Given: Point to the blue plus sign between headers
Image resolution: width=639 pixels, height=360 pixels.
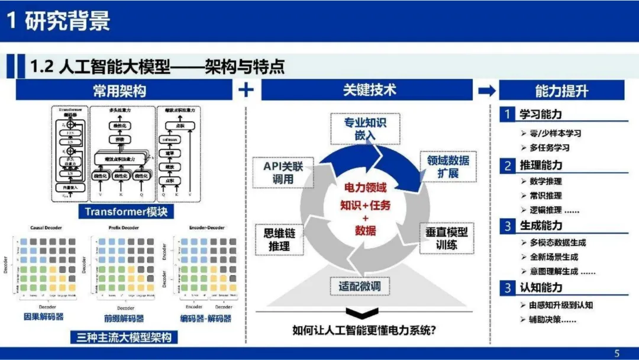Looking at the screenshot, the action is [x=246, y=90].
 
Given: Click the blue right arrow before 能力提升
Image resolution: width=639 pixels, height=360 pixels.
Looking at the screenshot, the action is [x=487, y=90].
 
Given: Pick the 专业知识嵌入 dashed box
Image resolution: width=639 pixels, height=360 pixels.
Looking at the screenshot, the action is [x=365, y=128].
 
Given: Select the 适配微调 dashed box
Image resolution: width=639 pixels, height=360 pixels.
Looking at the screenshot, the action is [x=359, y=287].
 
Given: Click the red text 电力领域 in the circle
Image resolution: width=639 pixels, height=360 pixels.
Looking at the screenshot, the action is [x=365, y=188].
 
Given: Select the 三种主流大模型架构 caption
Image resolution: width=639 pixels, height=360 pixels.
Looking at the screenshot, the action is [x=124, y=337].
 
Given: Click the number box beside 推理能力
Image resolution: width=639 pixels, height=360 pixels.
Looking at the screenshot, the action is [x=507, y=165].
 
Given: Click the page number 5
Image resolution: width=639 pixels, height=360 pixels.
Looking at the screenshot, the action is [x=617, y=353].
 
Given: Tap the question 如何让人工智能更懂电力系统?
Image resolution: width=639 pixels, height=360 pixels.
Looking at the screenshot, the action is [x=364, y=330].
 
